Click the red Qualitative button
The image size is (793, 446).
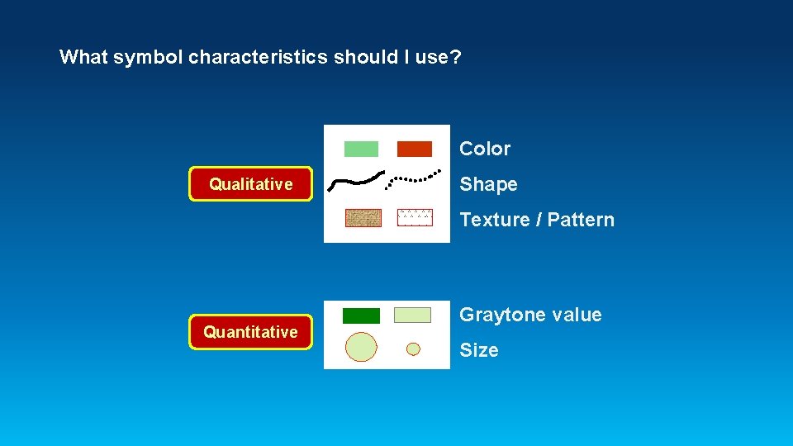click(x=251, y=184)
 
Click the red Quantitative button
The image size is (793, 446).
click(x=251, y=332)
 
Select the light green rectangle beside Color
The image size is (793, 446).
click(x=361, y=149)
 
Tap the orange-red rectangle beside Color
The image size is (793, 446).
click(x=415, y=149)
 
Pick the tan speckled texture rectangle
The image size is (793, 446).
click(x=363, y=218)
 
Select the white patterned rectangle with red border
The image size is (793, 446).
click(x=415, y=217)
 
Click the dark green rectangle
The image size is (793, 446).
click(x=361, y=316)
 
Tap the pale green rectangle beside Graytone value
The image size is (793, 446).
click(x=412, y=315)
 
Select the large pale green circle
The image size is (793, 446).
click(x=361, y=347)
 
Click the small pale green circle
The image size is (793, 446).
click(x=413, y=349)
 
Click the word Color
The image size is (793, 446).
click(x=485, y=149)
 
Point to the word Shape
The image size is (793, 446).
click(x=488, y=184)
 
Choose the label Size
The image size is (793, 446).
click(x=479, y=350)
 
